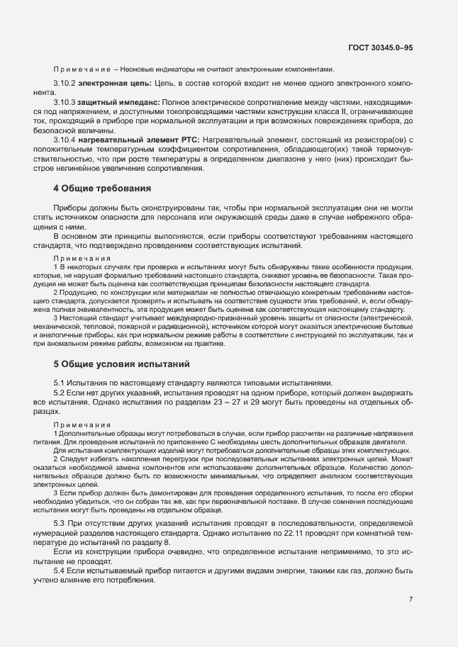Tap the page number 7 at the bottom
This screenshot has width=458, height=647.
point(410,599)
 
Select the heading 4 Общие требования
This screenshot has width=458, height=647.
point(102,208)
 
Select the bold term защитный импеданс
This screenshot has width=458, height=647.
point(118,103)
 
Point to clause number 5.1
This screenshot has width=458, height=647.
point(60,383)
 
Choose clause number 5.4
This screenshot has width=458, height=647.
point(60,570)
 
